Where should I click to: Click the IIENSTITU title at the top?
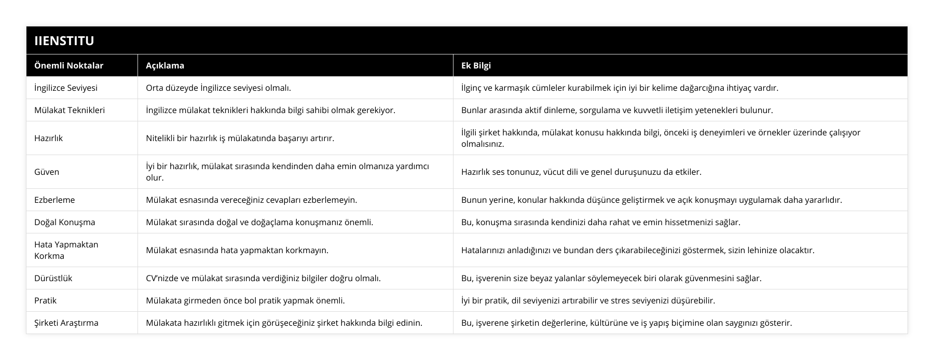click(64, 40)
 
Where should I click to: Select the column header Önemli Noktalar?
click(68, 65)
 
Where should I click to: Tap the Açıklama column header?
click(165, 65)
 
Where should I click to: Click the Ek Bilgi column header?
click(476, 65)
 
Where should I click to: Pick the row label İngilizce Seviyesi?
click(66, 88)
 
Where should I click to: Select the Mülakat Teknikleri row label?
click(70, 110)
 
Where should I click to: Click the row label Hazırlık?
click(48, 138)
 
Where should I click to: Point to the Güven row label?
click(47, 172)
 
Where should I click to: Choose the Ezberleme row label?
click(54, 200)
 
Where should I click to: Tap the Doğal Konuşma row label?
click(64, 222)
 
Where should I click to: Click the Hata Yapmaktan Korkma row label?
click(66, 250)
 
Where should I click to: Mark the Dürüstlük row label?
click(53, 278)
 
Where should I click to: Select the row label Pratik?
click(45, 300)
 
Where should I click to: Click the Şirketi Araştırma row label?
click(66, 323)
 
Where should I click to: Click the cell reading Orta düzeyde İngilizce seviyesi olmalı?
click(218, 88)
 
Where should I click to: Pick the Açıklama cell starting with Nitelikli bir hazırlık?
click(240, 138)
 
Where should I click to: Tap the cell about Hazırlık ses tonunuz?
click(581, 172)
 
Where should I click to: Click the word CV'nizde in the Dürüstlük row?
click(162, 278)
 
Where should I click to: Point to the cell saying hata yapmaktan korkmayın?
click(237, 250)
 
